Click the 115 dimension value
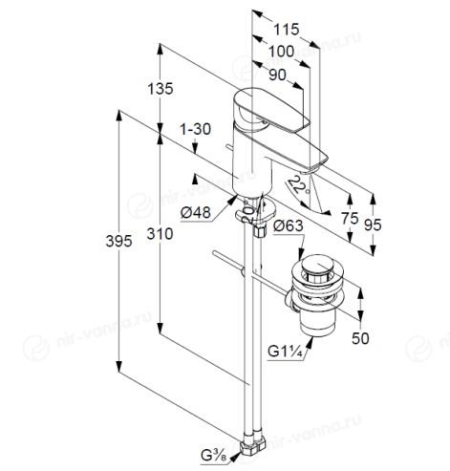[x=287, y=30]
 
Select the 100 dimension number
[x=281, y=52]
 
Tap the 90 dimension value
[x=277, y=75]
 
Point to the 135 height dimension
[x=161, y=89]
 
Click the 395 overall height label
[x=118, y=241]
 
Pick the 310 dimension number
[x=160, y=234]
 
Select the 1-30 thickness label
[x=196, y=130]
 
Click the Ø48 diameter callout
[x=196, y=212]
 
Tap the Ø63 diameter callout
[x=288, y=225]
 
